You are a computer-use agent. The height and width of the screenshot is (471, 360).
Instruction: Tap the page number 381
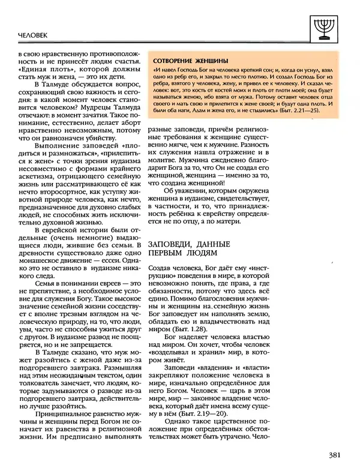point(337,455)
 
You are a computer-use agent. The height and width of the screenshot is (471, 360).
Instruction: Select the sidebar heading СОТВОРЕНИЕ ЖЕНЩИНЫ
point(191,61)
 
